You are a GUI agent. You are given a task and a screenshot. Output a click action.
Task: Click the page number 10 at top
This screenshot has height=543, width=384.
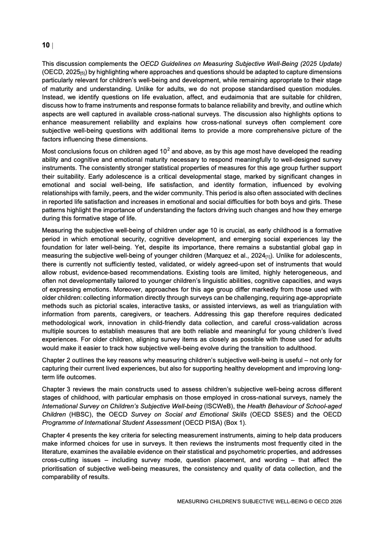[x=46, y=46]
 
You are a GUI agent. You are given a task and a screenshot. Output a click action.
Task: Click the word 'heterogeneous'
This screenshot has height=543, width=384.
[x=292, y=271]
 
